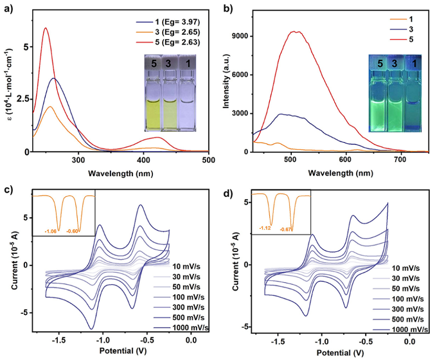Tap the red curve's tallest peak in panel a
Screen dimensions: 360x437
coord(45,28)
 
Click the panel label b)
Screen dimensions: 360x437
coord(230,10)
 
